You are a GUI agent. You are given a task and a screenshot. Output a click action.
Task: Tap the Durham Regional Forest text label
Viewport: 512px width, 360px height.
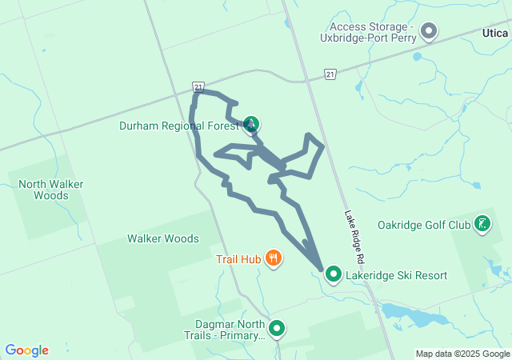pyautogui.click(x=179, y=126)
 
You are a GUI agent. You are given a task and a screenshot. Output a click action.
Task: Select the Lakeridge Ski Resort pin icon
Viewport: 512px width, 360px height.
pyautogui.click(x=333, y=275)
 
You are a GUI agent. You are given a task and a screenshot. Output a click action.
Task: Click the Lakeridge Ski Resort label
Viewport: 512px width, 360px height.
pyautogui.click(x=396, y=276)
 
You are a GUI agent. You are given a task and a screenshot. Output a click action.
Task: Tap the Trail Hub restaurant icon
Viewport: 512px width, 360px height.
pyautogui.click(x=274, y=258)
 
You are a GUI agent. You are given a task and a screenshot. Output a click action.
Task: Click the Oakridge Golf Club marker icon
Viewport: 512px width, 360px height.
pyautogui.click(x=482, y=224)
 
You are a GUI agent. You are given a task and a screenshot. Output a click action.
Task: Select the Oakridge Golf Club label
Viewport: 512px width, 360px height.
pyautogui.click(x=424, y=225)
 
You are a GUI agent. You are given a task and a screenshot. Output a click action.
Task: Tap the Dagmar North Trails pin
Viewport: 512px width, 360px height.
pyautogui.click(x=277, y=328)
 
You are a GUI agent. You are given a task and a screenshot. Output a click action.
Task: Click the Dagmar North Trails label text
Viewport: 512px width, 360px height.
pyautogui.click(x=230, y=330)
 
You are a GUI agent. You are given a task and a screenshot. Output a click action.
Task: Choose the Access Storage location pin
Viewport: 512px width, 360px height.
pyautogui.click(x=429, y=31)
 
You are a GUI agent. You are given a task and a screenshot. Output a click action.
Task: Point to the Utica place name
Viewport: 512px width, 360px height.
pyautogui.click(x=494, y=33)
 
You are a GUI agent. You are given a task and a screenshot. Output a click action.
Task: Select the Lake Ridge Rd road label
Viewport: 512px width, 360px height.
pyautogui.click(x=354, y=238)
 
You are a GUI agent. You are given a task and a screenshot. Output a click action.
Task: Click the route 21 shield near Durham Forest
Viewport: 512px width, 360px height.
pyautogui.click(x=198, y=86)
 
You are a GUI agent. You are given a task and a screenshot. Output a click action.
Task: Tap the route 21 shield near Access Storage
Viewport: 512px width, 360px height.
pyautogui.click(x=330, y=74)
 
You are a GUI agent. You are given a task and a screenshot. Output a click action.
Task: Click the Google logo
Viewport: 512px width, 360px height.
pyautogui.click(x=26, y=350)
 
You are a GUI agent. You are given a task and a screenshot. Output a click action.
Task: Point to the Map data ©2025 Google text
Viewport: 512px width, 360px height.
pyautogui.click(x=462, y=354)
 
